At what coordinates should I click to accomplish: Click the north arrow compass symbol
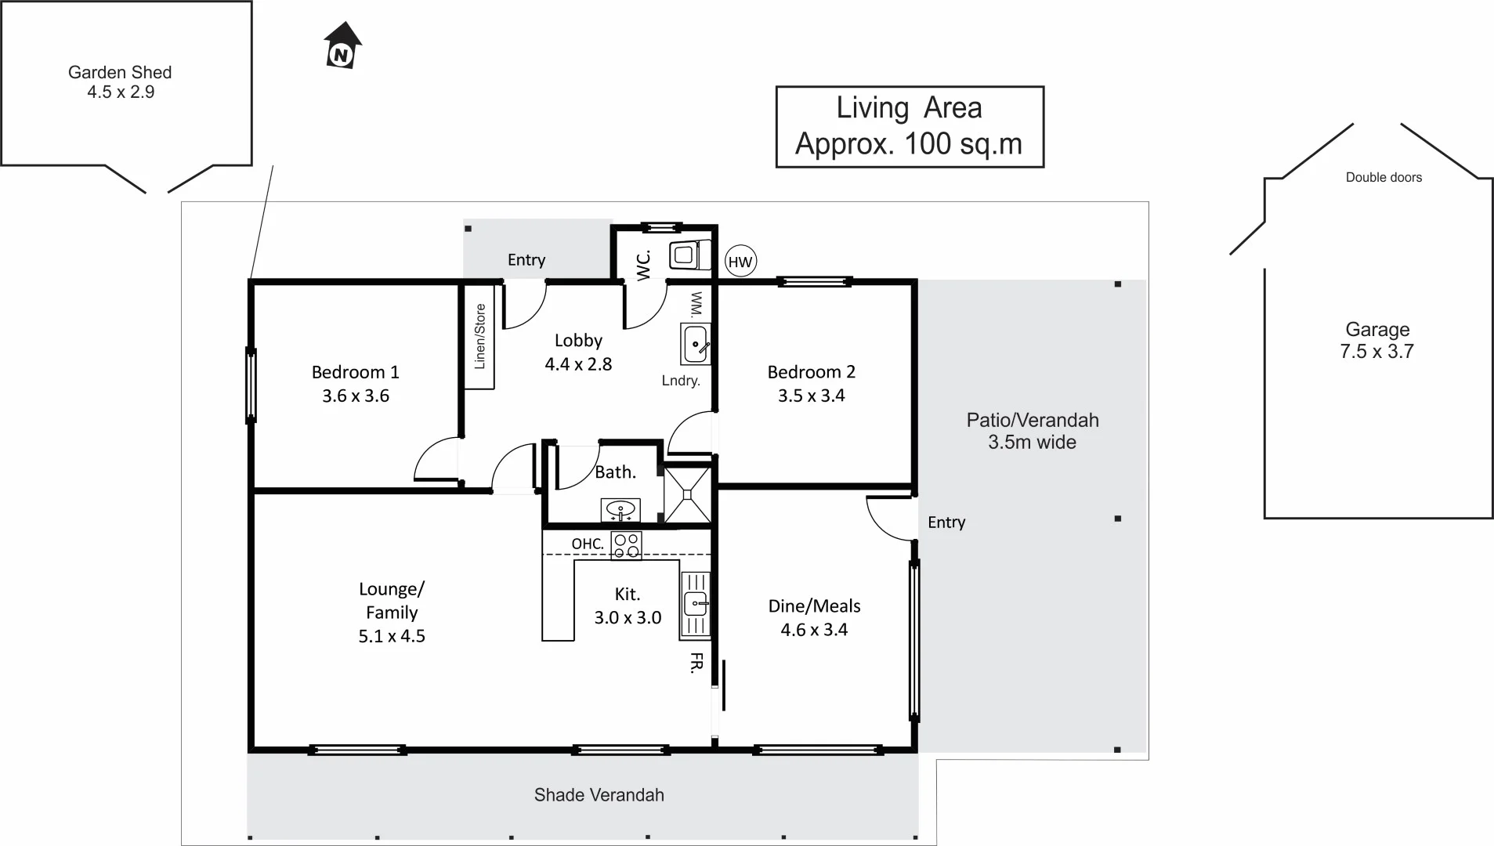pyautogui.click(x=342, y=45)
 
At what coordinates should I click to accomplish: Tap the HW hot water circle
pyautogui.click(x=740, y=262)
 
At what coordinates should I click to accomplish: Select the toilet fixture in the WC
pyautogui.click(x=689, y=255)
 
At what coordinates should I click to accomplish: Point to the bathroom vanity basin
pyautogui.click(x=620, y=510)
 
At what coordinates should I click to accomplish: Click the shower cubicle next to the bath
pyautogui.click(x=687, y=495)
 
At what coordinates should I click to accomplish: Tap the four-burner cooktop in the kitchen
pyautogui.click(x=626, y=546)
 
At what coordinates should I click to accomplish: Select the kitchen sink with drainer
pyautogui.click(x=696, y=604)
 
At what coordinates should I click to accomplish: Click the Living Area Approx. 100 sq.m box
pyautogui.click(x=910, y=127)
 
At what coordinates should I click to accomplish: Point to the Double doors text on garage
pyautogui.click(x=1384, y=178)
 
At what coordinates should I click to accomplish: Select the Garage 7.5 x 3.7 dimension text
pyautogui.click(x=1376, y=341)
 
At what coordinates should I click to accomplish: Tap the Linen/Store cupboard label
pyautogui.click(x=480, y=337)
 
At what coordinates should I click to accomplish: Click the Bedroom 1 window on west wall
pyautogui.click(x=251, y=385)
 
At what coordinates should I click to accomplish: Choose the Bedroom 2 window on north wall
pyautogui.click(x=815, y=282)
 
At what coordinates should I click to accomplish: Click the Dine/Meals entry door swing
pyautogui.click(x=891, y=517)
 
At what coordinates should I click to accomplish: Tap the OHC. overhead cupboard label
pyautogui.click(x=587, y=544)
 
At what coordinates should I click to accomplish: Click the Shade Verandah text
pyautogui.click(x=599, y=795)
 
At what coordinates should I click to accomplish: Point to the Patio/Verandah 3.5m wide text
pyautogui.click(x=1032, y=431)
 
